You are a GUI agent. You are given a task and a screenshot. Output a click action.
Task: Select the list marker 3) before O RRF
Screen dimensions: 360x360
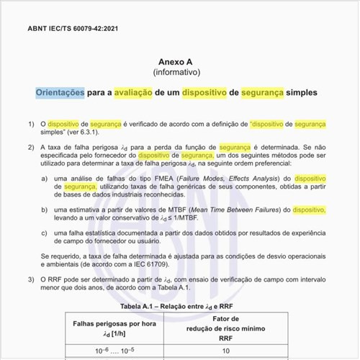click(32, 278)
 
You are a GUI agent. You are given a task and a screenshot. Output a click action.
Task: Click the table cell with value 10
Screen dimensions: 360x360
click(225, 351)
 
